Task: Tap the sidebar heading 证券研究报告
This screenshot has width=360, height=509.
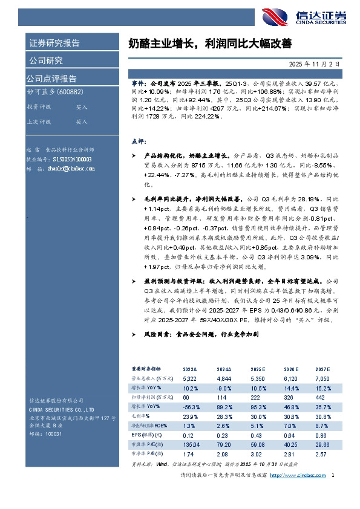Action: (x=54, y=44)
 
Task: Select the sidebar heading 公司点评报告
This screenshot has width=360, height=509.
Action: (x=51, y=79)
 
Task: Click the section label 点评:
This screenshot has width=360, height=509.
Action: (x=139, y=141)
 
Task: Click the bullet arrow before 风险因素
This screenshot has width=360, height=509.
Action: (x=134, y=334)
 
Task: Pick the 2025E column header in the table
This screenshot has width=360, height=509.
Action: (x=260, y=368)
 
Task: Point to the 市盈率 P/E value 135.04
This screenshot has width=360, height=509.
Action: (x=192, y=444)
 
